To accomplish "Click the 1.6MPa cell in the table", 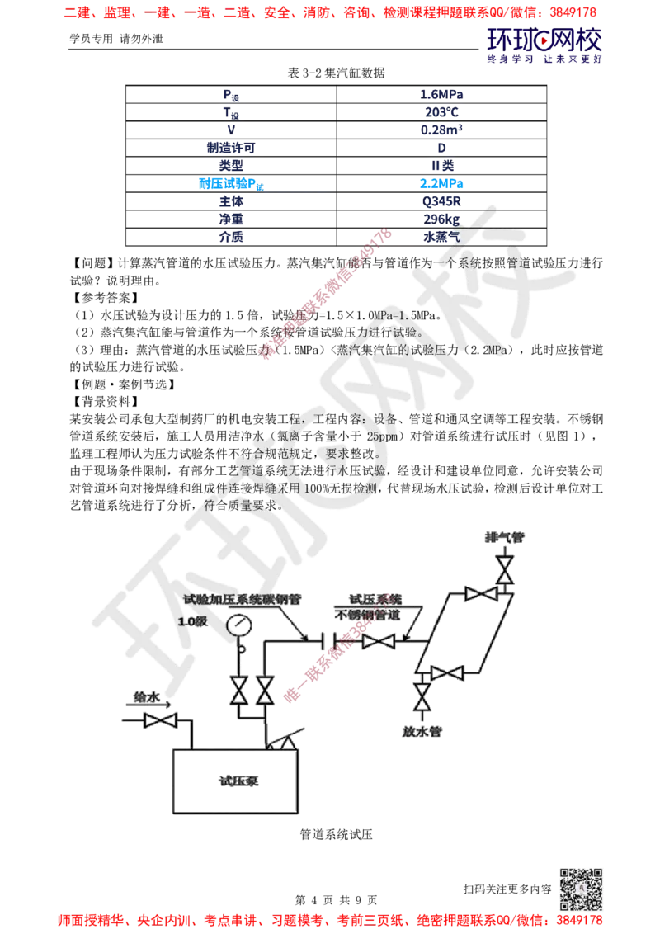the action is tap(441, 94).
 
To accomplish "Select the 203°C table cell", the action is tap(441, 112).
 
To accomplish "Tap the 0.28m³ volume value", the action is tap(441, 130).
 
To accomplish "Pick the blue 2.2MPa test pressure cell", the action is tap(441, 183).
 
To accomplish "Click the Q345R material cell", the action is tap(441, 201).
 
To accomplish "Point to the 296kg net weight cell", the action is tap(441, 219).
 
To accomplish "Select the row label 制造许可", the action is tap(231, 148).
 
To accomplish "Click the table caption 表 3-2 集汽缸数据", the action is tap(337, 73).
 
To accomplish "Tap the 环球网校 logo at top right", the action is tap(544, 45).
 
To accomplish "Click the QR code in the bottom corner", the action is tap(581, 889).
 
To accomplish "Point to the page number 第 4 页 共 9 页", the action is tap(337, 900).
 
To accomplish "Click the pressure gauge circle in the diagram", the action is tap(239, 626).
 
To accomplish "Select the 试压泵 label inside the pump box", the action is tap(238, 781).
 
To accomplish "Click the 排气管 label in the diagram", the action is tap(505, 537).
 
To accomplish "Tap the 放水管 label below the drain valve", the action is tap(422, 732).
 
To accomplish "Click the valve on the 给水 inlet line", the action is tap(160, 721).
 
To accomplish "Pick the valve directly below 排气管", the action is tap(505, 569).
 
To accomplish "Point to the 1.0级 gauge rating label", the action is tap(192, 621).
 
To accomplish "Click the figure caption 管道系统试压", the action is tap(337, 834).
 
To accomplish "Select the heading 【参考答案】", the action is tap(106, 298).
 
